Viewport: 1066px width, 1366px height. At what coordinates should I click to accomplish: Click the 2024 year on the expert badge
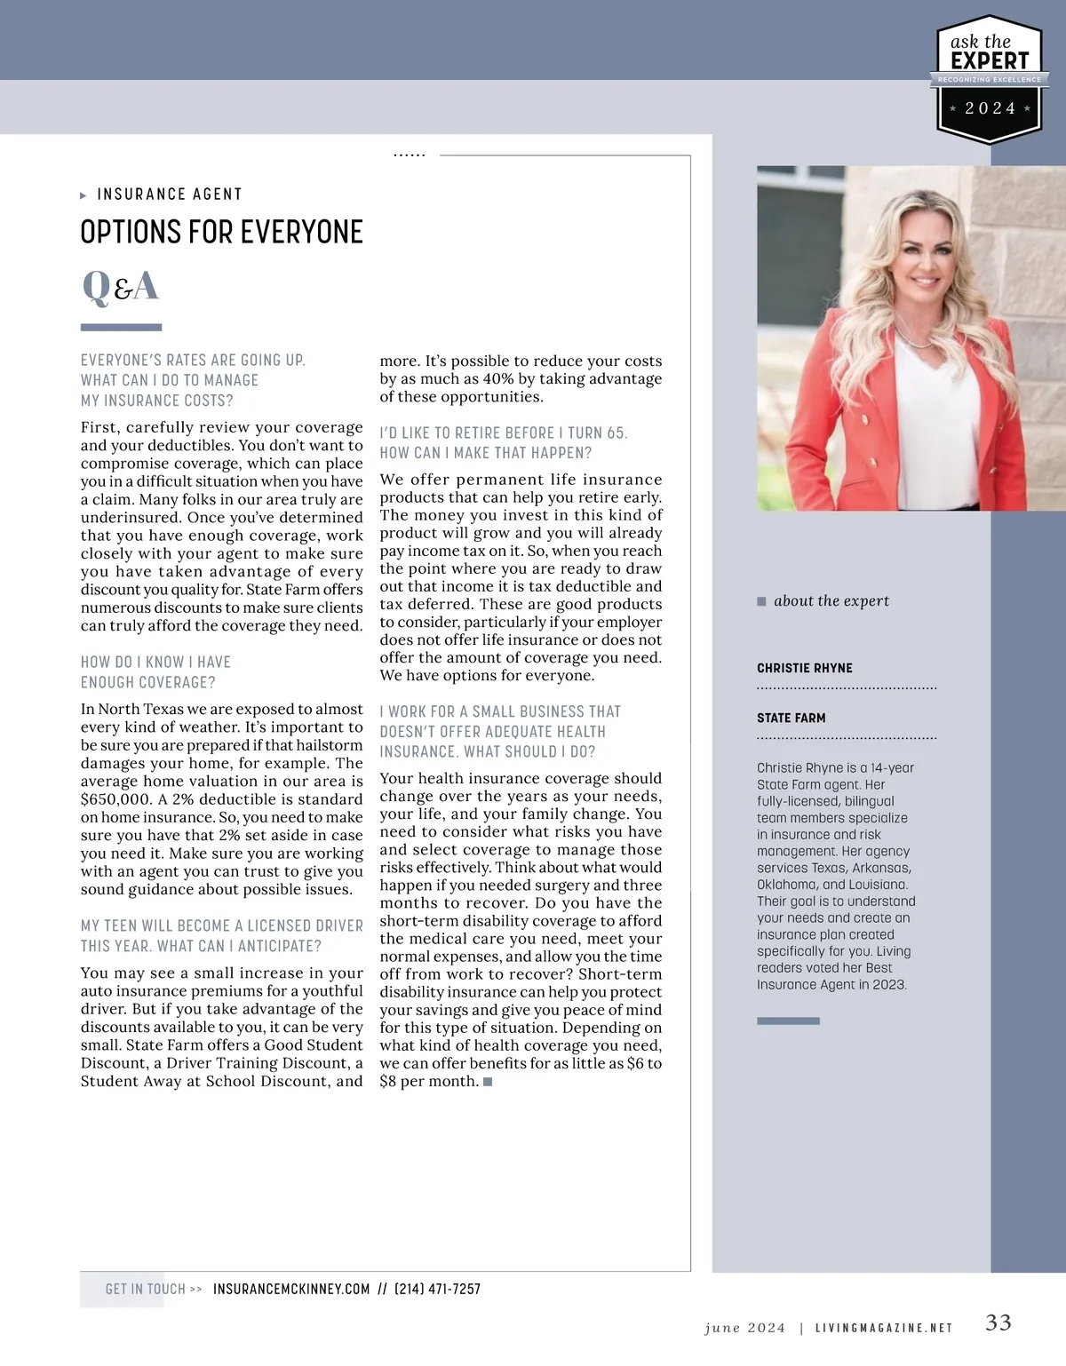pyautogui.click(x=990, y=108)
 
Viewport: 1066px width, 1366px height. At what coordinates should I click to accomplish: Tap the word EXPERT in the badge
pyautogui.click(x=990, y=60)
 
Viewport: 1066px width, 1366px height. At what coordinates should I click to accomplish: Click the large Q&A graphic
pyautogui.click(x=120, y=286)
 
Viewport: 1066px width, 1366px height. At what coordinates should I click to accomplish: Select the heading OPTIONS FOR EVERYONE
pyautogui.click(x=221, y=233)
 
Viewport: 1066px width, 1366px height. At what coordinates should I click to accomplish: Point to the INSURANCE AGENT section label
pyautogui.click(x=170, y=195)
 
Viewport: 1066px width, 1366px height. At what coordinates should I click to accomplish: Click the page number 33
pyautogui.click(x=998, y=1322)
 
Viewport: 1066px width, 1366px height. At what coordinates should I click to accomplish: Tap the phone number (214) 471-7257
pyautogui.click(x=437, y=1289)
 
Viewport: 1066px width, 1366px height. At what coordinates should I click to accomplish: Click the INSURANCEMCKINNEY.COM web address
pyautogui.click(x=291, y=1289)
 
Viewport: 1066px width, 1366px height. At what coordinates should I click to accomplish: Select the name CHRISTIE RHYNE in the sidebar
pyautogui.click(x=805, y=668)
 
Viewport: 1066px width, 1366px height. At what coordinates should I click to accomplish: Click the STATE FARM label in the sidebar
pyautogui.click(x=792, y=718)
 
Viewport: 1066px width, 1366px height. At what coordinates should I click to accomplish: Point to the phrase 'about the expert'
pyautogui.click(x=831, y=600)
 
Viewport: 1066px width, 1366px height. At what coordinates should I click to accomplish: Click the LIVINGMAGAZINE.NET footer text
pyautogui.click(x=884, y=1328)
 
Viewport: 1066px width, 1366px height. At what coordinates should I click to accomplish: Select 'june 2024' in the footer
pyautogui.click(x=744, y=1328)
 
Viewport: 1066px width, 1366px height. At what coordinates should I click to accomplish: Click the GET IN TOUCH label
pyautogui.click(x=146, y=1289)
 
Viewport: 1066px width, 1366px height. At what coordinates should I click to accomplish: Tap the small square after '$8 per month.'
pyautogui.click(x=488, y=1081)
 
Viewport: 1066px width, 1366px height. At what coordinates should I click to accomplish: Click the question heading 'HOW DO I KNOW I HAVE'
pyautogui.click(x=155, y=662)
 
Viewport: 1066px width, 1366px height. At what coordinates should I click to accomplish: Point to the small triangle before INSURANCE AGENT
pyautogui.click(x=84, y=195)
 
